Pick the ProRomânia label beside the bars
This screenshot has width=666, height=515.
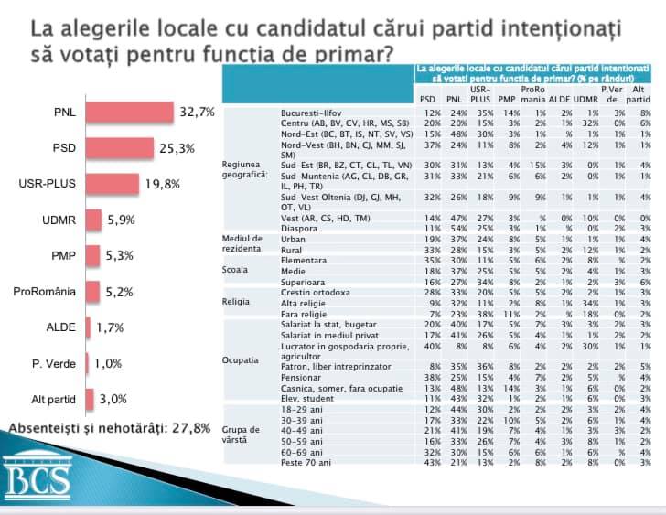point(44,291)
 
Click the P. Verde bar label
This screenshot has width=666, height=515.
point(53,363)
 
